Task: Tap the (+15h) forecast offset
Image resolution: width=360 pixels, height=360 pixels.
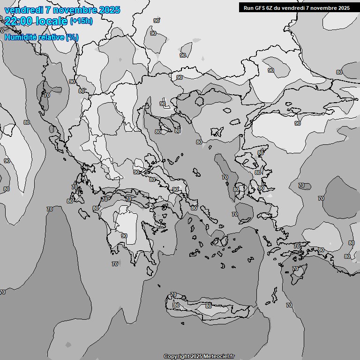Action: click(x=81, y=21)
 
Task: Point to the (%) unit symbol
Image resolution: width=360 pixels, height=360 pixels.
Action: click(x=72, y=37)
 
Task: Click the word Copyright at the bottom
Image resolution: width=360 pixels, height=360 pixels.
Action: click(x=177, y=357)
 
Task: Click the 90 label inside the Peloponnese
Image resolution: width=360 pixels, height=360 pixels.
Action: click(x=124, y=236)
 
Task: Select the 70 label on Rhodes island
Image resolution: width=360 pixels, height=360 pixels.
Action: click(x=295, y=269)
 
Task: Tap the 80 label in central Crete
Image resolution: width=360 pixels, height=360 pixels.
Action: click(x=209, y=306)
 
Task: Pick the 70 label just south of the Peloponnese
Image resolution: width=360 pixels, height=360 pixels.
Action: click(x=115, y=264)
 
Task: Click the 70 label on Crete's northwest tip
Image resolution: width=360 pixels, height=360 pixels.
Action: click(x=173, y=295)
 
